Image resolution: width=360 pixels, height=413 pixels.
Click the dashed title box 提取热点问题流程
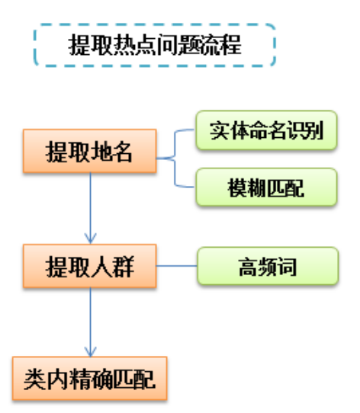coord(155,45)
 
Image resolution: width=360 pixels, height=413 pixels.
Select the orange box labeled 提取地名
coord(90,151)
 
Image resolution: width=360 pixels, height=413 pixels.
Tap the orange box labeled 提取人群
coord(90,266)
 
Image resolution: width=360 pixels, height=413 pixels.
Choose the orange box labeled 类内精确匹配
coord(90,379)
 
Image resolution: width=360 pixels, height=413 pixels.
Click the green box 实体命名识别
coord(267,130)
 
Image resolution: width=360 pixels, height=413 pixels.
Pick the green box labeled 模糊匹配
coord(267,187)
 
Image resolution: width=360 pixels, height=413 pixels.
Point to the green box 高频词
coord(268,266)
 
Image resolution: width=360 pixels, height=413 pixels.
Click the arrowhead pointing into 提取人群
coord(91,238)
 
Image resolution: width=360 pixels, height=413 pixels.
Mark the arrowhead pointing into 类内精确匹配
coord(91,351)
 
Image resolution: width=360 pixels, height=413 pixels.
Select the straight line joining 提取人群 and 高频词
coord(177,266)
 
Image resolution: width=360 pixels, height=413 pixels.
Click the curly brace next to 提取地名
coord(175,158)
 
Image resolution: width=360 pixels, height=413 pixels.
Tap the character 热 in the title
coord(124,45)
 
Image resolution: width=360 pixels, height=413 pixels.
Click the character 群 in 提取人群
coord(124,267)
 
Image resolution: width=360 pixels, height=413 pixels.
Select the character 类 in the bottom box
coord(34,379)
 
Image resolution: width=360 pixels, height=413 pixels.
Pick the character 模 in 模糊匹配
coord(237,187)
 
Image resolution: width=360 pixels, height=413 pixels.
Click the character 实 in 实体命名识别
coord(219,130)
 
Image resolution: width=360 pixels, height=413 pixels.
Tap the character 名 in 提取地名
coord(121,152)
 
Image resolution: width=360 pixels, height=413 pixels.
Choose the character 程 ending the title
coord(231,45)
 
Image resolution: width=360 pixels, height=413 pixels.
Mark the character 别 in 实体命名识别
coord(314,130)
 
